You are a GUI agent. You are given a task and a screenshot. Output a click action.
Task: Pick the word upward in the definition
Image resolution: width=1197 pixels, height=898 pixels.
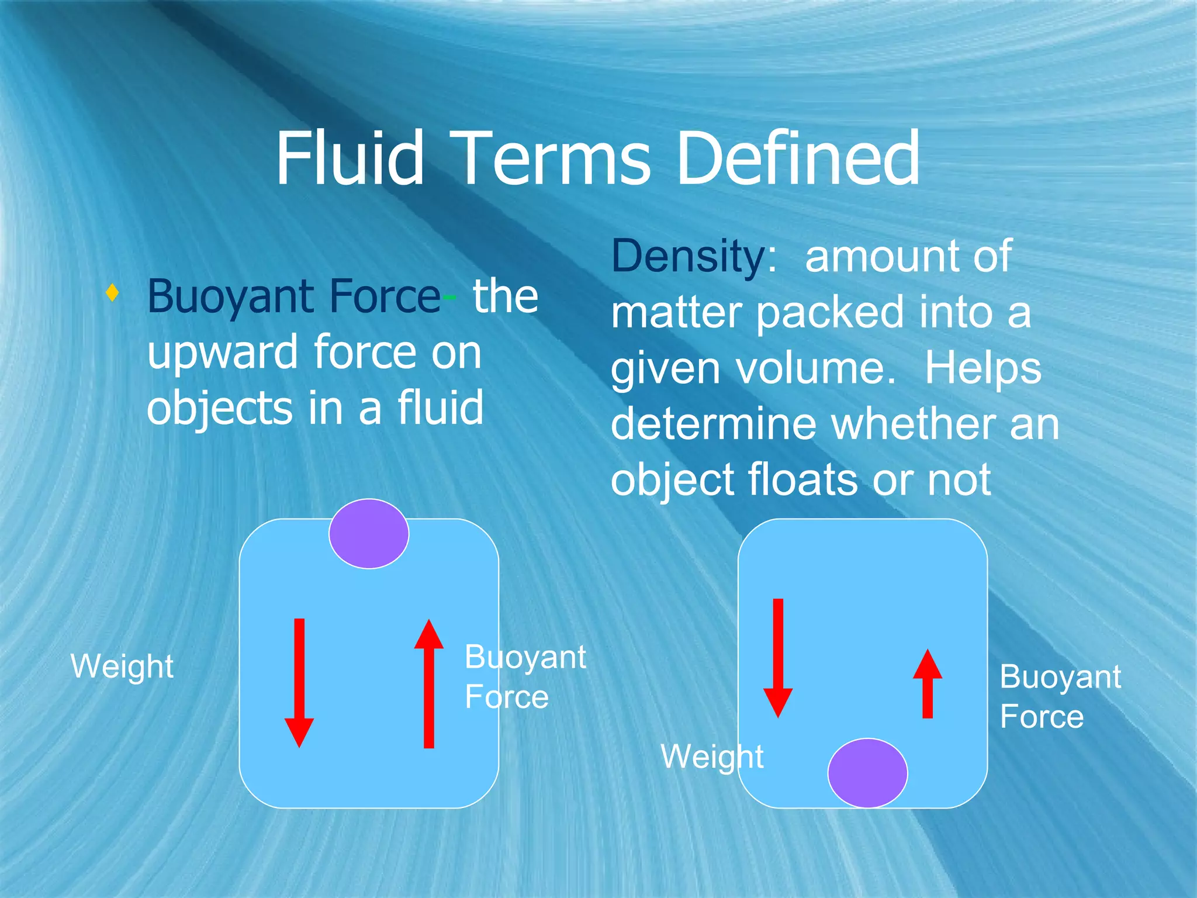coord(223,353)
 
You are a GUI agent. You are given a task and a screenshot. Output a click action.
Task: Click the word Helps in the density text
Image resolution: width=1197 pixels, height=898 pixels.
coord(982,369)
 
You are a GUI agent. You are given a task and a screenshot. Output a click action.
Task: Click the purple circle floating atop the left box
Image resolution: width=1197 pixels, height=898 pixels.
coord(368,533)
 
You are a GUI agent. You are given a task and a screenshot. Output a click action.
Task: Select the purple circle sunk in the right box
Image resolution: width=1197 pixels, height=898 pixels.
coord(867,773)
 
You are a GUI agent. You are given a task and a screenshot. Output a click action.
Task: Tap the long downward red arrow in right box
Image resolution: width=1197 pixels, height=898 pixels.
coord(778,657)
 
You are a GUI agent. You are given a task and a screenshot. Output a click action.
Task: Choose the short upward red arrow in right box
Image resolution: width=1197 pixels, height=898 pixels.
coord(927,683)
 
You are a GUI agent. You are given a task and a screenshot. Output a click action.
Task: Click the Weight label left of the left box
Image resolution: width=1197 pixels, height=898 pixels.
coord(122,666)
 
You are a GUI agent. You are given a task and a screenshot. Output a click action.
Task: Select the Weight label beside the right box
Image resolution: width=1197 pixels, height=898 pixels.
coord(711,757)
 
